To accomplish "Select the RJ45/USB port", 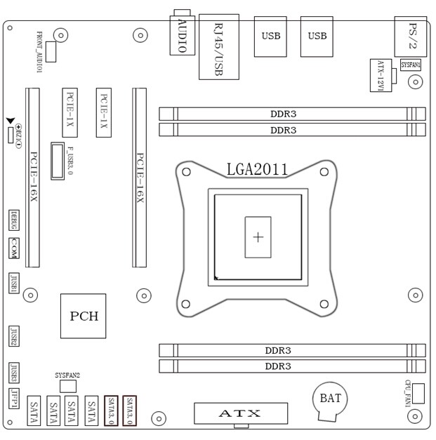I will click(218, 46).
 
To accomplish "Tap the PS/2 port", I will click(411, 36).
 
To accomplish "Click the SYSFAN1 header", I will click(411, 65).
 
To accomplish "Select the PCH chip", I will click(84, 316).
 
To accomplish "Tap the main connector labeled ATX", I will click(241, 413).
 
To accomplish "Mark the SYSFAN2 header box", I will click(68, 386).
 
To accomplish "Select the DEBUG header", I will click(14, 220).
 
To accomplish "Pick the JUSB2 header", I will click(14, 337).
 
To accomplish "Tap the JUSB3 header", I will click(14, 371).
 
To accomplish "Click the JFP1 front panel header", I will click(15, 398).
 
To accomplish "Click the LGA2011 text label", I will click(256, 169).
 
